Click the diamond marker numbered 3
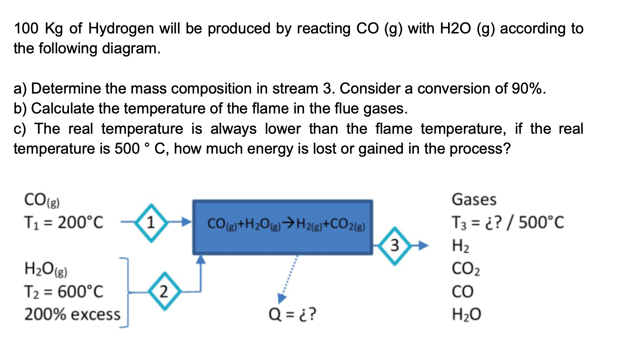click(394, 245)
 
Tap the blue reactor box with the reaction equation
click(283, 227)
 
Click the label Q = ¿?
click(292, 314)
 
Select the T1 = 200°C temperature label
click(63, 223)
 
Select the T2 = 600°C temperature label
click(63, 292)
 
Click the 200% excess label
click(72, 314)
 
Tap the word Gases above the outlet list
click(474, 200)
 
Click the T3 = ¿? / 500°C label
click(507, 223)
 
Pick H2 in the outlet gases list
click(460, 246)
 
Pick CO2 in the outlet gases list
click(465, 269)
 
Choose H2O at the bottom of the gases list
click(466, 314)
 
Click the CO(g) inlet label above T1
click(42, 200)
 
